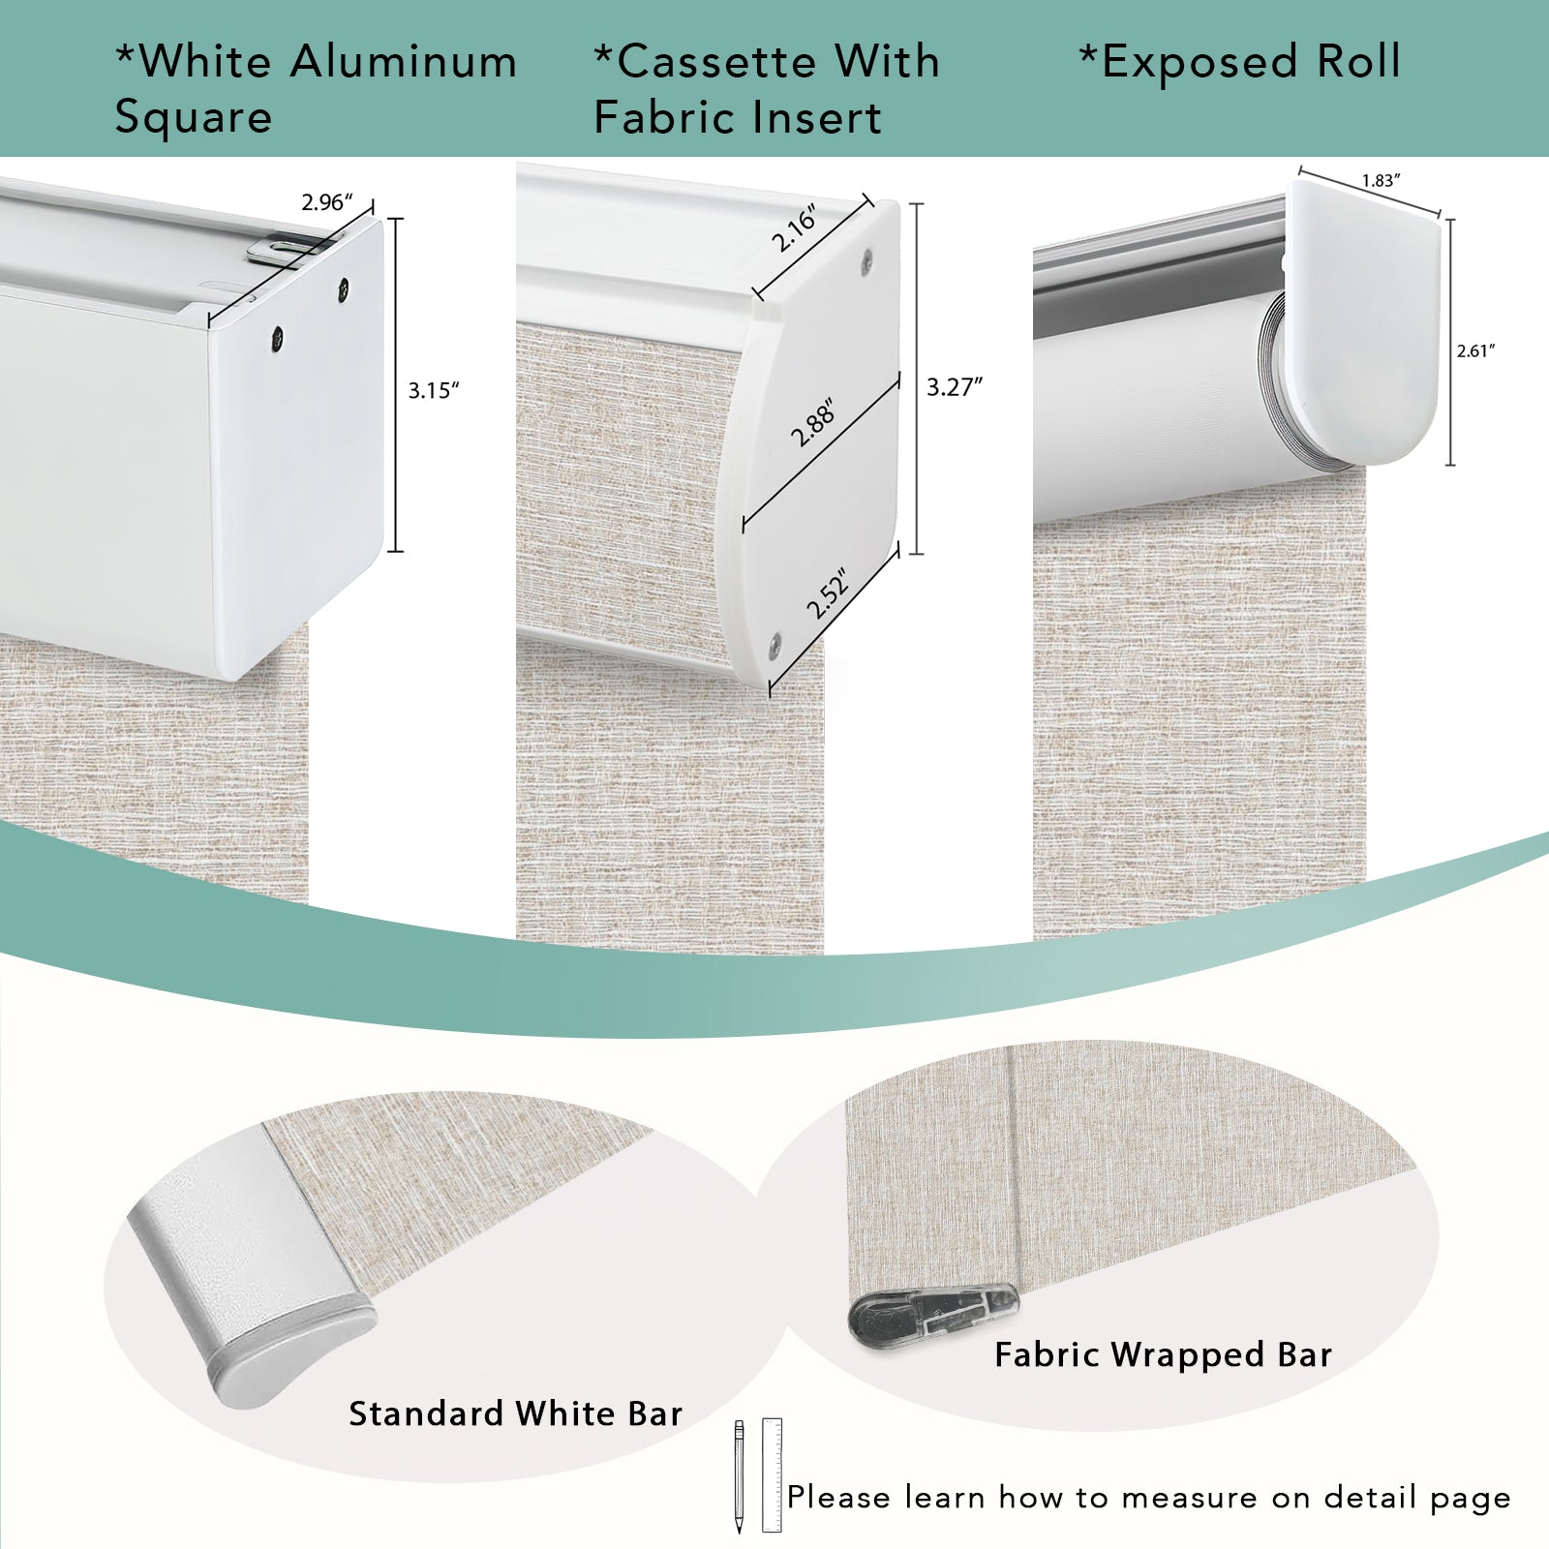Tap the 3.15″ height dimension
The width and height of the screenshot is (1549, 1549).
coord(433,390)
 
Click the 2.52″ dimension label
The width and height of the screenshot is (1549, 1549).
coord(828,592)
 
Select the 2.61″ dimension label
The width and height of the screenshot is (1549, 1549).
coord(1476,351)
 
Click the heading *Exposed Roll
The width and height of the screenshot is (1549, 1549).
coord(1240,62)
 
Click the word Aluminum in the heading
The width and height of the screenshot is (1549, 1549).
coord(404,62)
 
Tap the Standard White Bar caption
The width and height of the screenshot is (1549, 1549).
coord(516,1414)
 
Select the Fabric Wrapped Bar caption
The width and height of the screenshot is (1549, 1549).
coord(1164,1354)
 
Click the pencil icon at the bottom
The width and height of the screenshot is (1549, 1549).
coord(739,1476)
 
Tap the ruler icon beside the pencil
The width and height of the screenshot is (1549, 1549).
coord(772,1475)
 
